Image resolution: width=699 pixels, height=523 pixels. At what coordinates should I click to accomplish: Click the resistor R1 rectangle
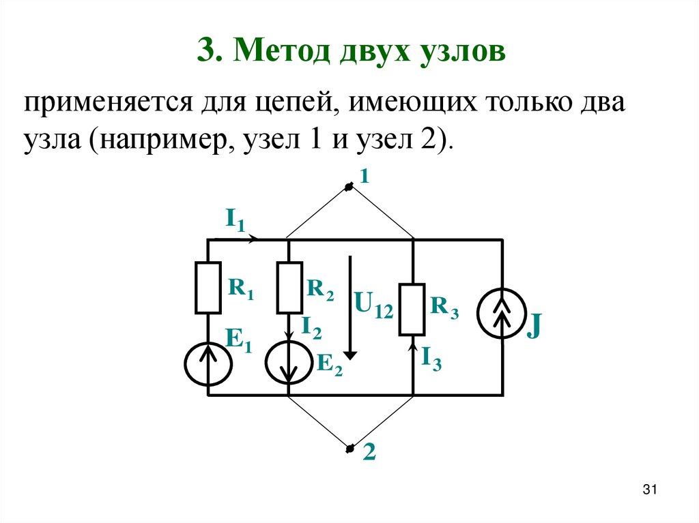pos(208,288)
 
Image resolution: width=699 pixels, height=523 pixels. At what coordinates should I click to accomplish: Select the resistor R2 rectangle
pos(289,287)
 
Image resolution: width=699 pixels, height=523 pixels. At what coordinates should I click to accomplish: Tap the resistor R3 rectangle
pos(412,310)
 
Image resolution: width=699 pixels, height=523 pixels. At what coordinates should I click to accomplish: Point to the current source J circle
pos(503,314)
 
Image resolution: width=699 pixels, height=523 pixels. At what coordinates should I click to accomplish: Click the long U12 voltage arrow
pos(350,307)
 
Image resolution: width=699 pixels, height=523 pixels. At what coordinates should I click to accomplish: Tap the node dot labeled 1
pos(349,187)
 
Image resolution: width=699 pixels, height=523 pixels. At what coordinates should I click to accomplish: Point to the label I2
pos(311,329)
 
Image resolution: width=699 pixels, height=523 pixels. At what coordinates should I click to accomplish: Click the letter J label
pos(534,327)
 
